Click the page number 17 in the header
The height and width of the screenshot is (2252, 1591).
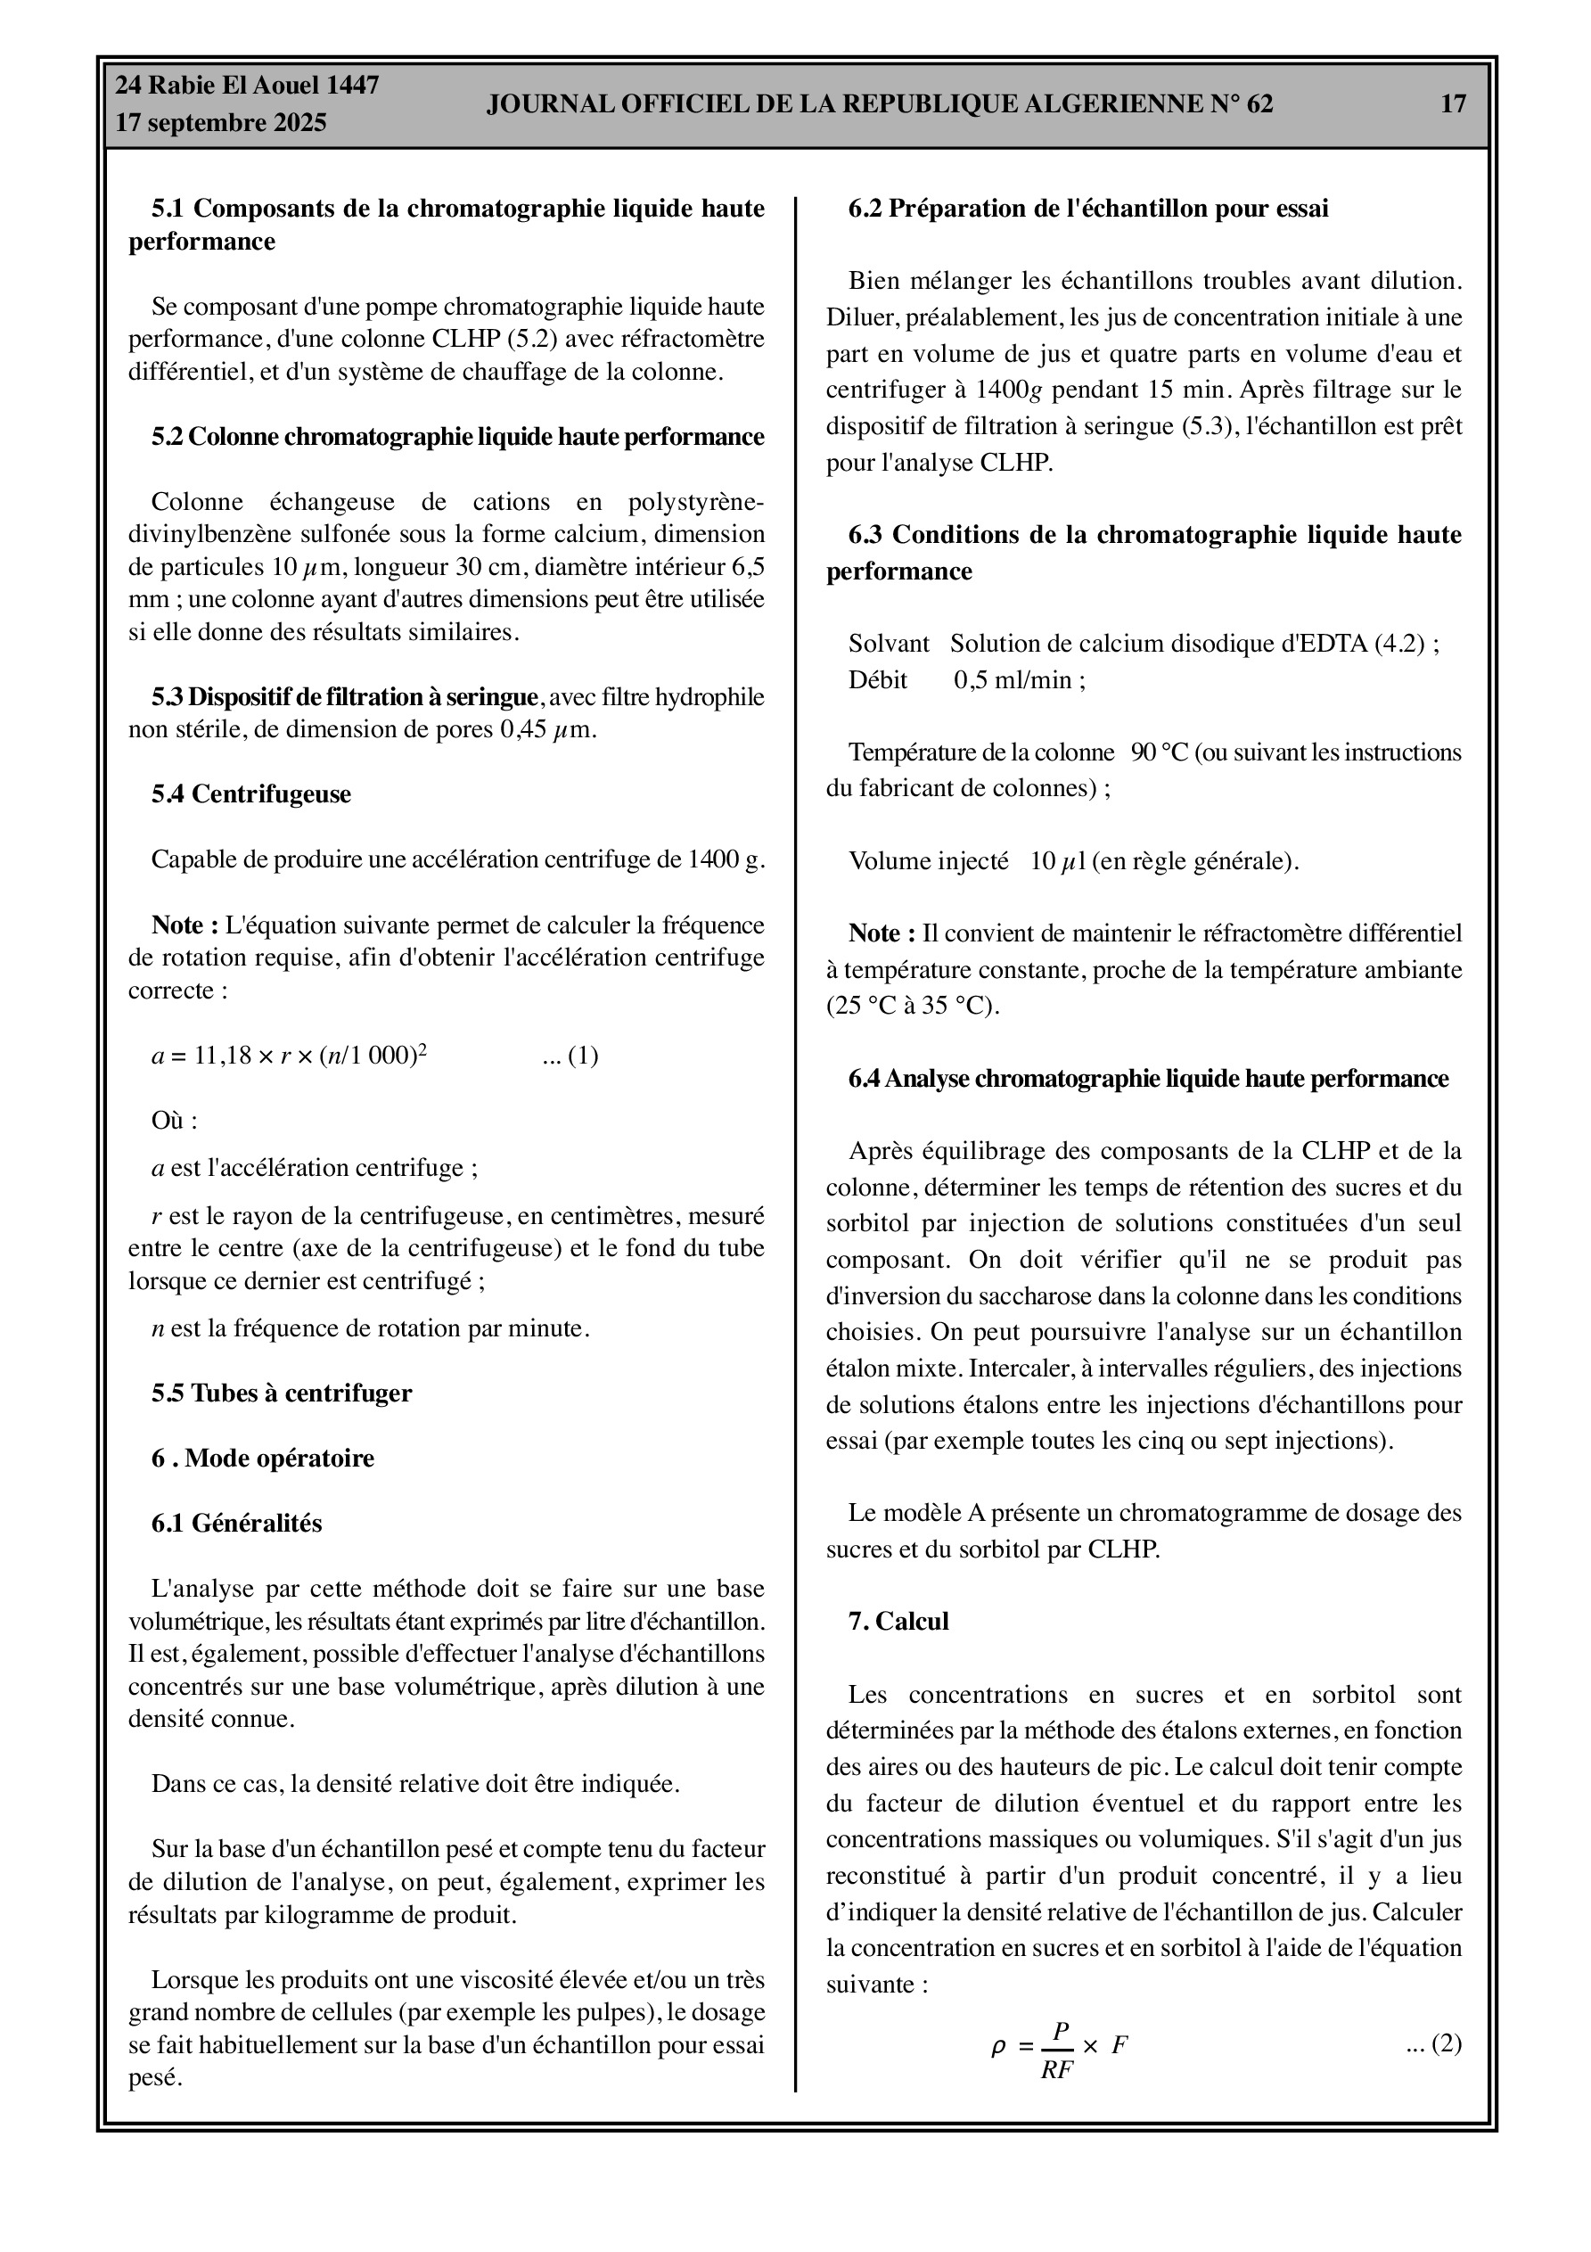[1452, 104]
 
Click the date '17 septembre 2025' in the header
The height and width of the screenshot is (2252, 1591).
[221, 124]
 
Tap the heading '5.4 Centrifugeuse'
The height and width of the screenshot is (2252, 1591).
[250, 793]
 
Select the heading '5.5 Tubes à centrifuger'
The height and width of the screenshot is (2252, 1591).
[282, 1393]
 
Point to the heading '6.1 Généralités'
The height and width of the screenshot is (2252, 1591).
[236, 1524]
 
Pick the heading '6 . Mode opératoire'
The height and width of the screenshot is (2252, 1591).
[263, 1459]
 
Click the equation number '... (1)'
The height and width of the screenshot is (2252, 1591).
[570, 1056]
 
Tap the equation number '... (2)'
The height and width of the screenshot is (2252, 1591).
[1433, 2044]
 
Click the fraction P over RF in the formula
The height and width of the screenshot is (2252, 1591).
[1056, 2050]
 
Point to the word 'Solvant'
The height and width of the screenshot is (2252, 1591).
[888, 645]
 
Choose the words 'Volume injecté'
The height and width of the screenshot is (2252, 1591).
[928, 861]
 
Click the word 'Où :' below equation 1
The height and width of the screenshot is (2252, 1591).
[174, 1121]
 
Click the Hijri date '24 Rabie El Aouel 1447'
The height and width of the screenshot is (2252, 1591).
[247, 86]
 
